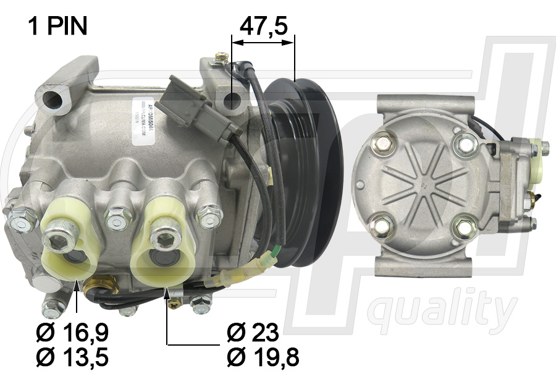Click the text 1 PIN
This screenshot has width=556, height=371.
pos(57,26)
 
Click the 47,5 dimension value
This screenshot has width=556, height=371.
pos(263,27)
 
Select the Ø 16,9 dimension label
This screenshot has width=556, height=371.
pos(72,333)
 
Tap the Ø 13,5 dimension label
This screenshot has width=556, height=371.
pos(72,357)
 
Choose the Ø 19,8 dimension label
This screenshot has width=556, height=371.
pos(263,357)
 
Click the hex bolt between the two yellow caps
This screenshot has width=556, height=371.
pos(118,218)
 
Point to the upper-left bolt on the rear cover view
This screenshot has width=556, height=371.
pos(383,143)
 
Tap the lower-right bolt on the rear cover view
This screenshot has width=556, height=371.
pos(463,228)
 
